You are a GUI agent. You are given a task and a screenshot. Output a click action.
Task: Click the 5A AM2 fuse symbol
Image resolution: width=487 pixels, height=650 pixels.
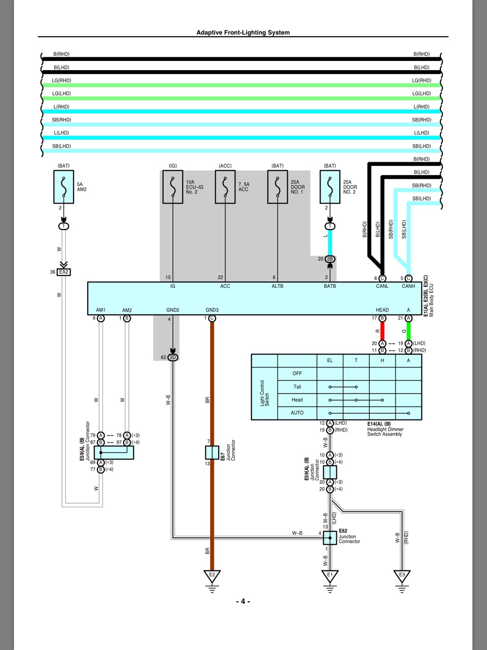point(63,187)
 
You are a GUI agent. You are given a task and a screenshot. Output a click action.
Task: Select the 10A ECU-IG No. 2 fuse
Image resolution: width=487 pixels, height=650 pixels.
point(172,187)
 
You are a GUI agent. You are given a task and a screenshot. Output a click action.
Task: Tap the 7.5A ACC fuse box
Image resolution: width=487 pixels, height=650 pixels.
point(225,187)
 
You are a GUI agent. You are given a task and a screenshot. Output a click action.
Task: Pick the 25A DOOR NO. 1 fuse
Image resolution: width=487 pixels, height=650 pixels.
point(277,187)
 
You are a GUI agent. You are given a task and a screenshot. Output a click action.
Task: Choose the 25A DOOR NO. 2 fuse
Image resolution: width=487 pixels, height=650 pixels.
point(330,187)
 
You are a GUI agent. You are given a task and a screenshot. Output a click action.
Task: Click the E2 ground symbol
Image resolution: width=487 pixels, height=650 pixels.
point(212,576)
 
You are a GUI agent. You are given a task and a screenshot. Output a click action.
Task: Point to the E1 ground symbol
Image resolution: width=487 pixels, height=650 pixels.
point(330,576)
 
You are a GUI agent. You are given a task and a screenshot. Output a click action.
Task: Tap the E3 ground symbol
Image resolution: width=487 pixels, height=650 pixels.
point(402,576)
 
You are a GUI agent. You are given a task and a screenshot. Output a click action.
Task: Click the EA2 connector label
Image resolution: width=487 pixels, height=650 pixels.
point(63,272)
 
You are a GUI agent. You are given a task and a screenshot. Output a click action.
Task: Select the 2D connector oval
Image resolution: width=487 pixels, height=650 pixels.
point(172,357)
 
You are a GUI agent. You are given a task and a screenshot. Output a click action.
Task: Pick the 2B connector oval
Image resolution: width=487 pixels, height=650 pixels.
point(330,259)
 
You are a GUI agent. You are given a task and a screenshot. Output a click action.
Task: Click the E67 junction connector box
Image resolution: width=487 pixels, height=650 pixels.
point(212,452)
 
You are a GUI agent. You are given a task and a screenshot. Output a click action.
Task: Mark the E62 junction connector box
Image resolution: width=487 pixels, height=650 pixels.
point(330,538)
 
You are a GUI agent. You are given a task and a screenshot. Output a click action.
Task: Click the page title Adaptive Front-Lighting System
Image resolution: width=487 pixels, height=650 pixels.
point(243,32)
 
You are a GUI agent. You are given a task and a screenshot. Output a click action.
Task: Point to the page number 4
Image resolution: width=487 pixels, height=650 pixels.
point(243,601)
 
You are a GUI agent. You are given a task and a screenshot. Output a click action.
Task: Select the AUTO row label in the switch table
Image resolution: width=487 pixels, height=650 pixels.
point(297,413)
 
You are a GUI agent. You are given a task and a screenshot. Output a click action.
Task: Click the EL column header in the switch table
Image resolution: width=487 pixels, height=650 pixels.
point(330,361)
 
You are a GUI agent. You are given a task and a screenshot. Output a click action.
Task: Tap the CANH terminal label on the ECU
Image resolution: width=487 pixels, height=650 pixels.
point(408,286)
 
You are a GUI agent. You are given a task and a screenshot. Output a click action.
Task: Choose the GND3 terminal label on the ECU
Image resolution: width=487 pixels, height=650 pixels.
point(212,310)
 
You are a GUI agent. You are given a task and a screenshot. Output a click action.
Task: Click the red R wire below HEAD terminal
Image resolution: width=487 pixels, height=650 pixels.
point(382,331)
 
